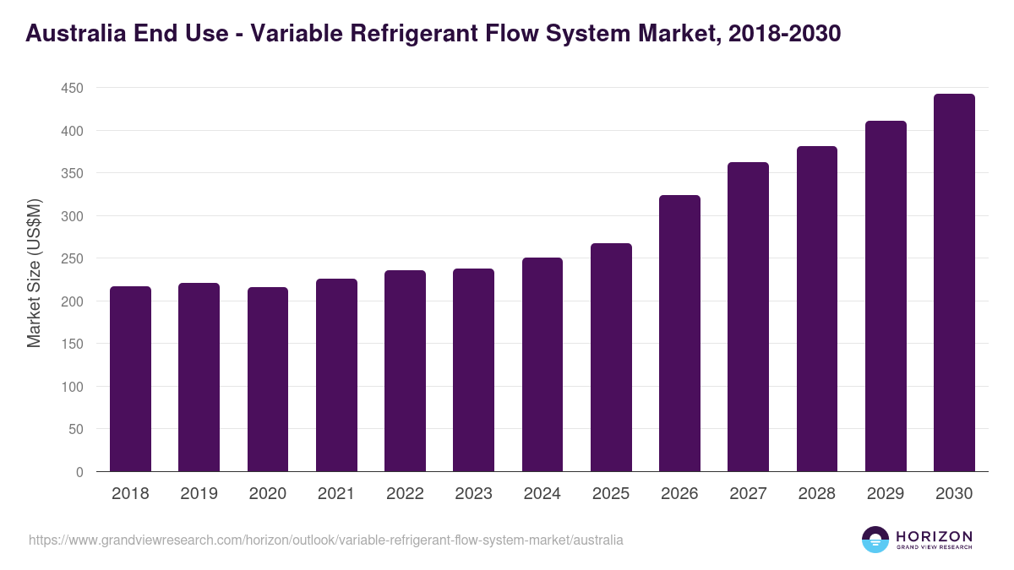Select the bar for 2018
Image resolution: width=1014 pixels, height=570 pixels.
130,379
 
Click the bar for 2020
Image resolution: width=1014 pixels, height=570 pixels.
268,379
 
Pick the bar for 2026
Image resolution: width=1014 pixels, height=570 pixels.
679,334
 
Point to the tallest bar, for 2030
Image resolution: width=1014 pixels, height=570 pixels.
954,283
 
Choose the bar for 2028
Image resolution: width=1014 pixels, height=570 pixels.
817,309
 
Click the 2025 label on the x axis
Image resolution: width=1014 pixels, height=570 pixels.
611,494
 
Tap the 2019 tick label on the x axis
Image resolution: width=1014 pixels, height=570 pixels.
199,494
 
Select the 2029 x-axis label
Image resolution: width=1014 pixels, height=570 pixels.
886,494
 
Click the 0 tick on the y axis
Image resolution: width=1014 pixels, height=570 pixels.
79,472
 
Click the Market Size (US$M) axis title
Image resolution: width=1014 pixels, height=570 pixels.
34,273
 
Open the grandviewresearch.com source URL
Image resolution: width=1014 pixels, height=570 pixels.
325,540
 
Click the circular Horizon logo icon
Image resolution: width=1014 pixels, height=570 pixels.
875,540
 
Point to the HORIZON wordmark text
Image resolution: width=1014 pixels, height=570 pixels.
934,535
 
